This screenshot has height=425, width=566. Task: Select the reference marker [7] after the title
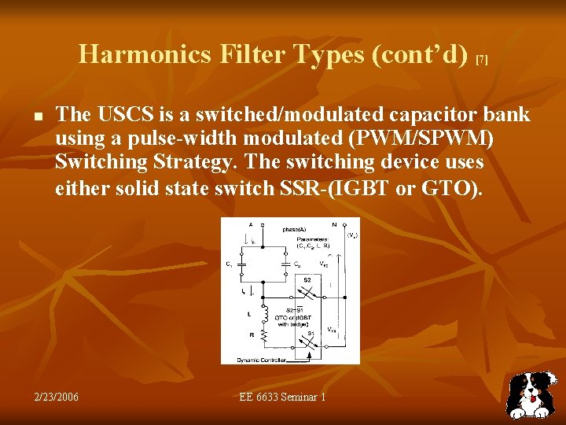tap(483, 60)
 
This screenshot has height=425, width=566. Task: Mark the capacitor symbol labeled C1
tap(243, 266)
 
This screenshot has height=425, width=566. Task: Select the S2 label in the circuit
tap(307, 279)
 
